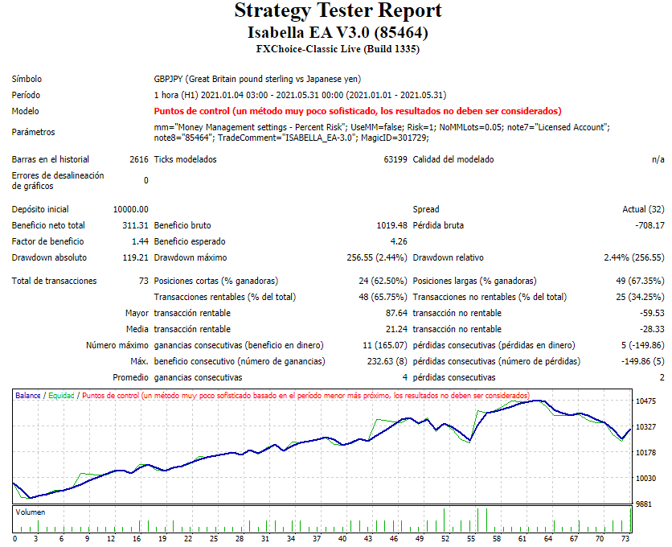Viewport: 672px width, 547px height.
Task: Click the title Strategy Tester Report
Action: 338,11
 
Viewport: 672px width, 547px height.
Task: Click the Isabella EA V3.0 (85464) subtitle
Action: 338,33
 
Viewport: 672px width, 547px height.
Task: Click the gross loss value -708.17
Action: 648,225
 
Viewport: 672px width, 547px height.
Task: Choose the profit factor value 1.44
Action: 140,241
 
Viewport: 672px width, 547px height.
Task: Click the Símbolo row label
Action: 27,79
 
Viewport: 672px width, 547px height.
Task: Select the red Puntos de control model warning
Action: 357,111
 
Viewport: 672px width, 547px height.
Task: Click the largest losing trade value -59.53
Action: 651,313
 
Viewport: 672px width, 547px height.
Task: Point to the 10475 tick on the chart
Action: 645,401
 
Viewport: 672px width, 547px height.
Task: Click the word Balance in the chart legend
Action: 28,396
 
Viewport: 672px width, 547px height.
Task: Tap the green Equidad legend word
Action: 62,396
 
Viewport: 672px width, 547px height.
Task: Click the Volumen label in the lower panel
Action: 31,512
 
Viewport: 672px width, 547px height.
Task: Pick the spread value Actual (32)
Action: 643,209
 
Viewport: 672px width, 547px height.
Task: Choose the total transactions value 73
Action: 143,281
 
